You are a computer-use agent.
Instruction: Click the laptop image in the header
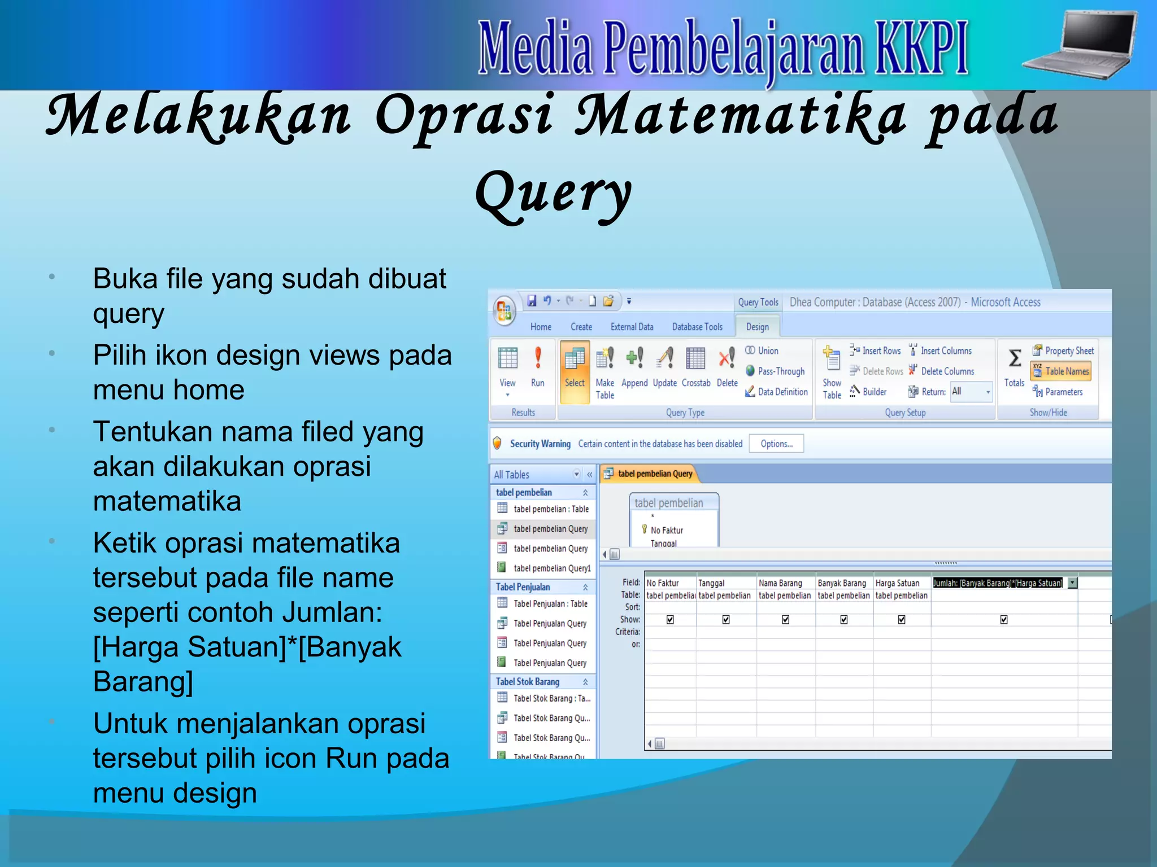pos(1080,45)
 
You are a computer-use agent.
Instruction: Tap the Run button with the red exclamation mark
pos(537,367)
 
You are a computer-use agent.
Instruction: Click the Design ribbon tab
pos(757,327)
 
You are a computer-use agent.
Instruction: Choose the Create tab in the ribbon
pos(581,327)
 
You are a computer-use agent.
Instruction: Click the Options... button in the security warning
pos(776,444)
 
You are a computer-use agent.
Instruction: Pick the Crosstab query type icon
pos(695,367)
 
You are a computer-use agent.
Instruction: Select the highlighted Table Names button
pos(1061,371)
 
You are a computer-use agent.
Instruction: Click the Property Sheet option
pos(1063,351)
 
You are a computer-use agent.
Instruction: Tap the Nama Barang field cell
pos(785,583)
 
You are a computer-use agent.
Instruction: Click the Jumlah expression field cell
pos(998,583)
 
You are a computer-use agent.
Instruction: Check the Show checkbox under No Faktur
pos(670,620)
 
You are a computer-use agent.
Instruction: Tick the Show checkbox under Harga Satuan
pos(902,620)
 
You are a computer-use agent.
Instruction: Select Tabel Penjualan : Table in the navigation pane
pos(550,603)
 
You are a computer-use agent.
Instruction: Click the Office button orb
pos(504,311)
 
